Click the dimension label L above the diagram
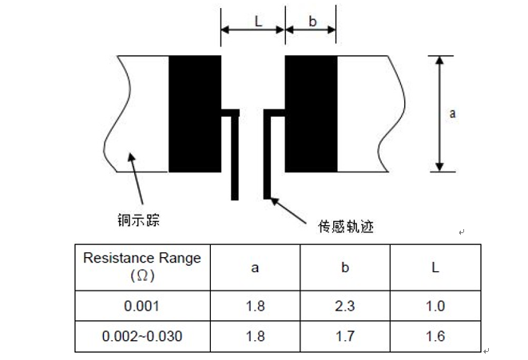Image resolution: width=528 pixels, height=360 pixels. point(258,22)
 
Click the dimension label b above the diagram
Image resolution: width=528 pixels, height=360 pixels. point(311,22)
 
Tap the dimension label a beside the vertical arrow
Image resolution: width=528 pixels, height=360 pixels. point(452,113)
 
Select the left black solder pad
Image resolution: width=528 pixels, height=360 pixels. point(194,113)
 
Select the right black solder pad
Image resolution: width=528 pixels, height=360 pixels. point(311,113)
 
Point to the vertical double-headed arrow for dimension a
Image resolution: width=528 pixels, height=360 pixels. point(439,113)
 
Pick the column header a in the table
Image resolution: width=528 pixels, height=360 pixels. point(255,267)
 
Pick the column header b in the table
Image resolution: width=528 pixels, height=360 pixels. point(345,267)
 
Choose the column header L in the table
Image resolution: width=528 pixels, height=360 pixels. point(435,267)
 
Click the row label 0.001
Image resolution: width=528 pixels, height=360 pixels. point(142,306)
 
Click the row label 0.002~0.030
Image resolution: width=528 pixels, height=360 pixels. point(142,336)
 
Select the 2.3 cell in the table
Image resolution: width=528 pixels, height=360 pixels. point(345,306)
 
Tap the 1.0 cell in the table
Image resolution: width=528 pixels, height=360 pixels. point(435,306)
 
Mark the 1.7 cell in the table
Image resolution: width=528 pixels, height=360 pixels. point(345,336)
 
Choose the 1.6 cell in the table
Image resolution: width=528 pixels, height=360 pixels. point(435,336)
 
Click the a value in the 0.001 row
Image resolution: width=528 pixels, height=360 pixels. point(255,306)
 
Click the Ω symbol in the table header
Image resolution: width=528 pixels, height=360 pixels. point(142,276)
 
